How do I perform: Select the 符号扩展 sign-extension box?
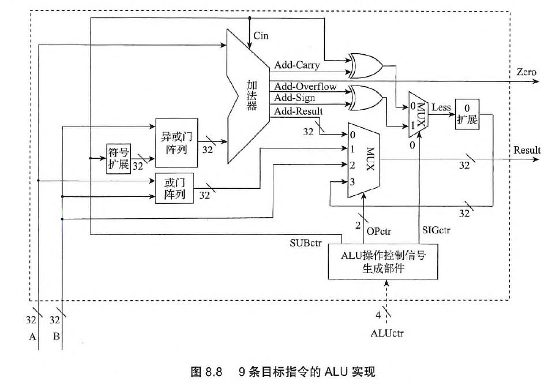click(118, 157)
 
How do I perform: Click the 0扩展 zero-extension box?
click(467, 114)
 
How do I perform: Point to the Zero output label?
click(526, 72)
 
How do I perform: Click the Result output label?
click(527, 150)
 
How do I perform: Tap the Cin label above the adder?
click(261, 36)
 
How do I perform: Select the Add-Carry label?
click(297, 65)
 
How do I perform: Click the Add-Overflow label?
click(305, 87)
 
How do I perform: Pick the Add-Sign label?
click(294, 98)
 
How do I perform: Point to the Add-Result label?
click(298, 111)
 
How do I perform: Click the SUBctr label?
click(306, 241)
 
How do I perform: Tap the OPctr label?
click(379, 232)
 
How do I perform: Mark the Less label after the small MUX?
click(441, 107)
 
